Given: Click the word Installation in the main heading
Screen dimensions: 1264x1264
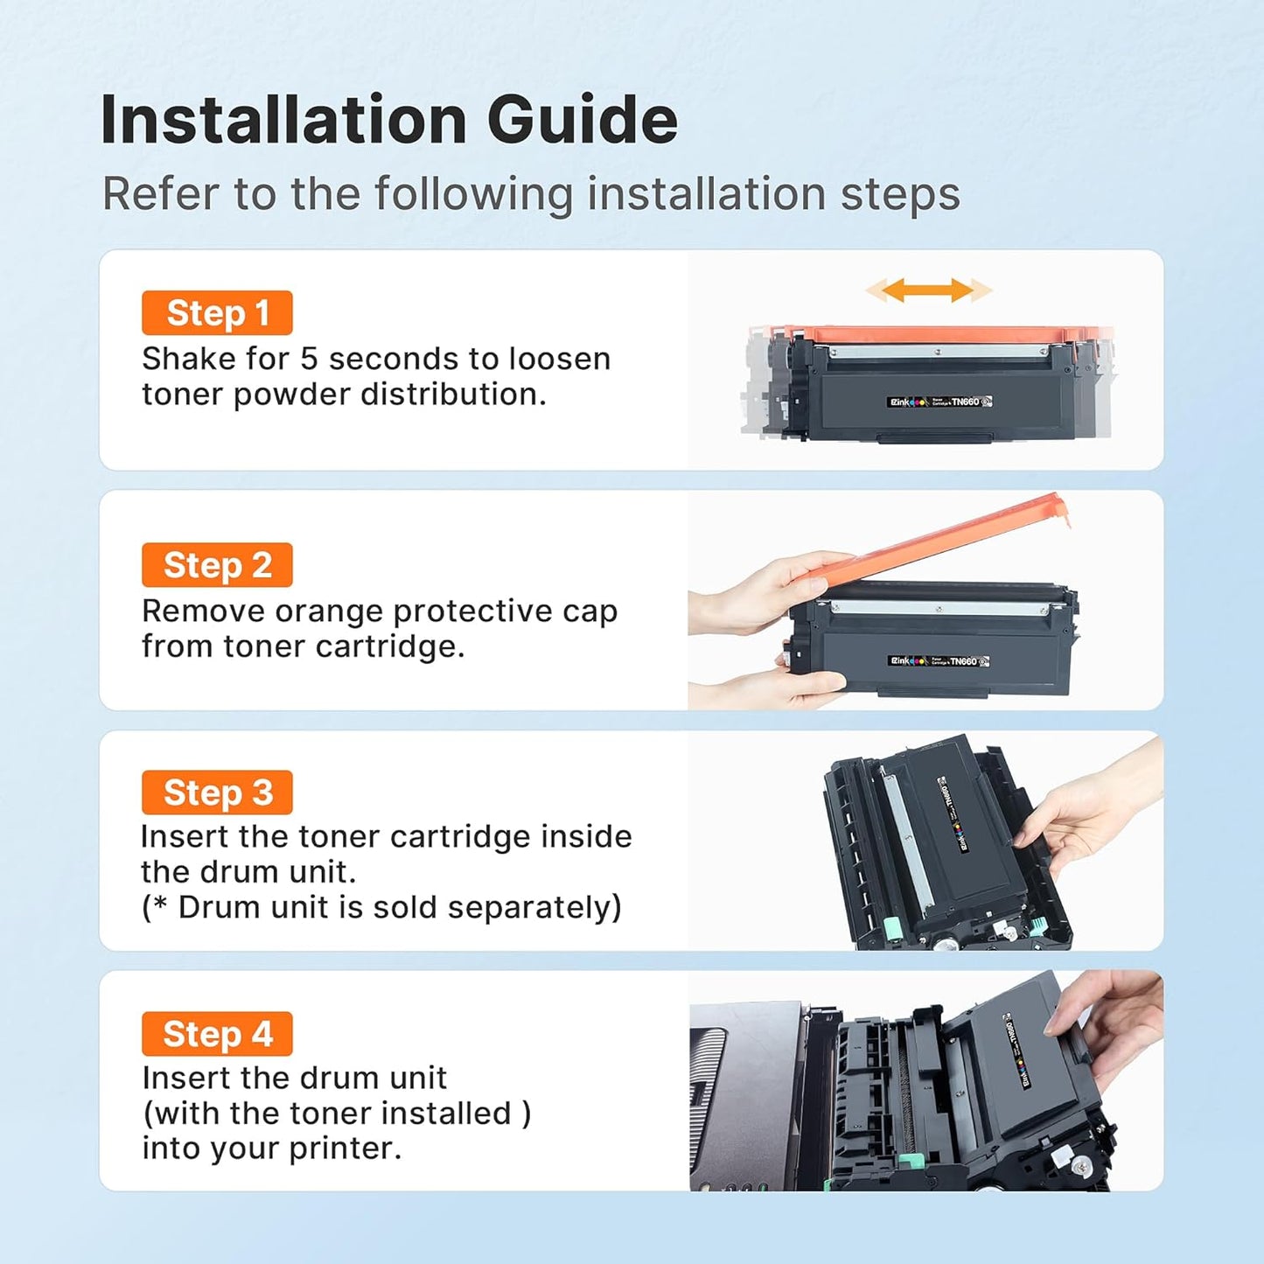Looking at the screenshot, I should [x=283, y=120].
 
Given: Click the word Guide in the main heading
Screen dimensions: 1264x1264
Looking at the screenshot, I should [x=582, y=120].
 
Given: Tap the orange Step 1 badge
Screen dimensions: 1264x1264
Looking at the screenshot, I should [x=217, y=313].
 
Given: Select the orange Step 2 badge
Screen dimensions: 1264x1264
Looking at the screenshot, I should [x=217, y=565].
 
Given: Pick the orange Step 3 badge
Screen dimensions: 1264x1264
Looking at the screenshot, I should [x=217, y=793].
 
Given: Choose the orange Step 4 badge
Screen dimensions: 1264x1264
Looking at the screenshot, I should [x=217, y=1034].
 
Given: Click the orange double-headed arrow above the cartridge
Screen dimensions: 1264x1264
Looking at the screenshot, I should [x=928, y=290].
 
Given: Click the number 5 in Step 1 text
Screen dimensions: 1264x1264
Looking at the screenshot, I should [x=309, y=359].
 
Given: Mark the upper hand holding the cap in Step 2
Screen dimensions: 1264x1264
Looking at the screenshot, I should [x=770, y=590].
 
